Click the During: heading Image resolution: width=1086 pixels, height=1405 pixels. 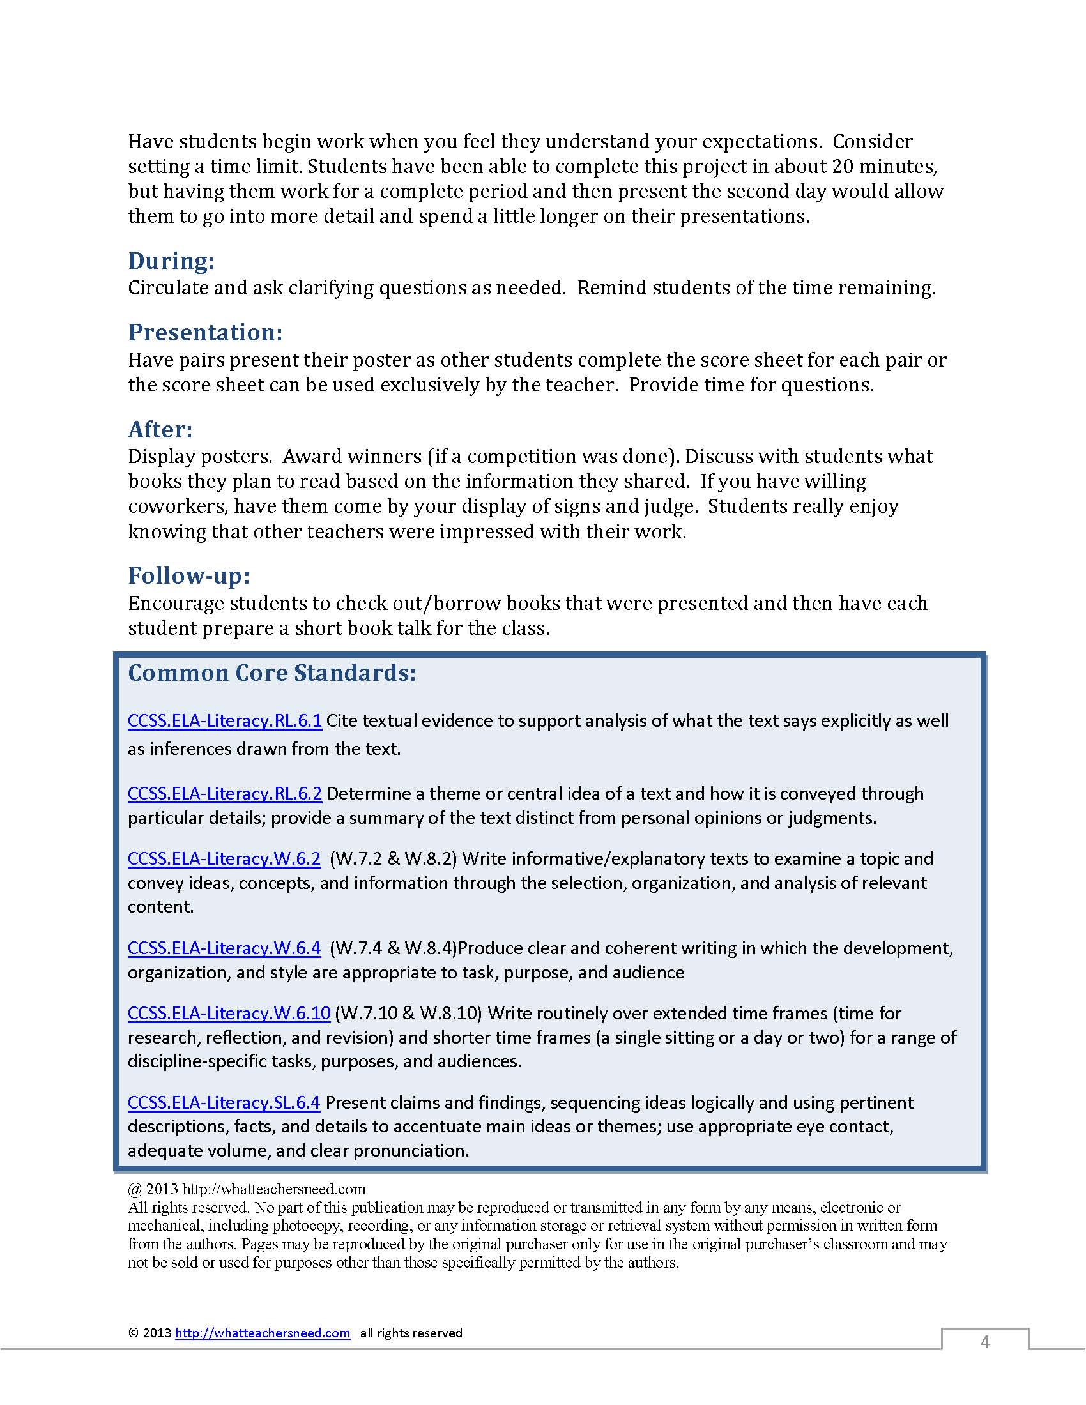[171, 261]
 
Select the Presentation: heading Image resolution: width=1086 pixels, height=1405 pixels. [205, 332]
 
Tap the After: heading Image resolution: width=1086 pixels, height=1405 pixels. [160, 429]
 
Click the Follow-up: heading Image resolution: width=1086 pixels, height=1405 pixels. [189, 575]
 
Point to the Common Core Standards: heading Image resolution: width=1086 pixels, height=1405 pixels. [272, 673]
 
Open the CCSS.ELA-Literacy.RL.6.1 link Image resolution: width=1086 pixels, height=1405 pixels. [224, 720]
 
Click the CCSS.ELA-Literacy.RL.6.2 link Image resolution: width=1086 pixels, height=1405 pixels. [224, 793]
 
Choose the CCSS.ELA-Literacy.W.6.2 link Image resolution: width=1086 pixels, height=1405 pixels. [224, 858]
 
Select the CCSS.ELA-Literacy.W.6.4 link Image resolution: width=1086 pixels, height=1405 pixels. [224, 948]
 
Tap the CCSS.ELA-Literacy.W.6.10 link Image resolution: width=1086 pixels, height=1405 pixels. [229, 1014]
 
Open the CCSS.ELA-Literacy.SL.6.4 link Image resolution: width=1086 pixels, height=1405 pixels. [224, 1102]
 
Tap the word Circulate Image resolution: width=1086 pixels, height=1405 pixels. [168, 288]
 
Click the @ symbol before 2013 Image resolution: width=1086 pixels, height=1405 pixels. [134, 1189]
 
